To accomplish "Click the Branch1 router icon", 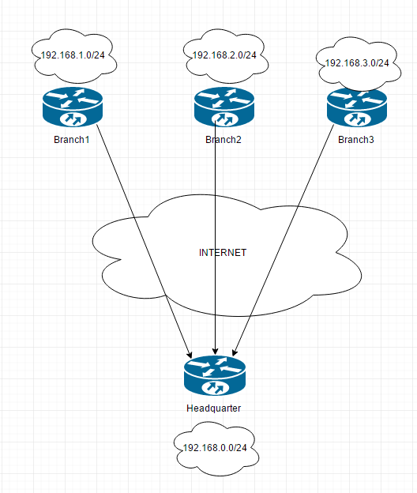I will [x=73, y=107].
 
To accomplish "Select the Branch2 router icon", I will [x=224, y=107].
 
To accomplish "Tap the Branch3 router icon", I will [x=359, y=107].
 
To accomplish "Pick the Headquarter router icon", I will [x=216, y=375].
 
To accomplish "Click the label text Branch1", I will [x=73, y=140].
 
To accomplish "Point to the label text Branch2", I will [x=224, y=140].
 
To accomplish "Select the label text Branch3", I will [x=357, y=140].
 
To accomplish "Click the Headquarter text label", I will [x=213, y=408].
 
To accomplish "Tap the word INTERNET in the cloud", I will [x=222, y=253].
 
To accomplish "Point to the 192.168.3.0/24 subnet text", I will [x=357, y=62].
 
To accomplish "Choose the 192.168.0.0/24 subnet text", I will [x=215, y=448].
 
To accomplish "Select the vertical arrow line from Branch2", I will [x=216, y=237].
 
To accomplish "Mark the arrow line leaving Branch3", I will [x=284, y=237].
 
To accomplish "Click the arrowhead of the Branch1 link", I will [x=190, y=352].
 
